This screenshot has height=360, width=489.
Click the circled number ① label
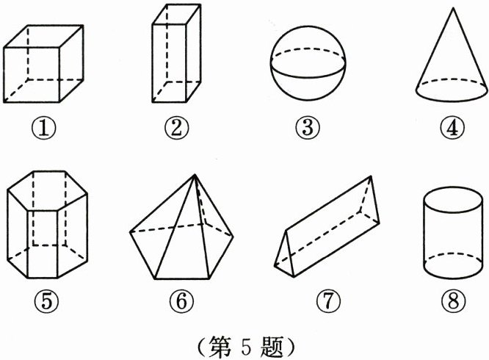pyautogui.click(x=43, y=129)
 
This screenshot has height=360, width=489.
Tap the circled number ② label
pyautogui.click(x=177, y=128)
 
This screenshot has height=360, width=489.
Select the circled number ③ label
pyautogui.click(x=308, y=128)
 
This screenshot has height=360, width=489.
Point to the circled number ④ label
pyautogui.click(x=452, y=129)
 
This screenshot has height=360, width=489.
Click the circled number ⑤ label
pyautogui.click(x=47, y=301)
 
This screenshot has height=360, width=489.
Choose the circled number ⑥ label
pyautogui.click(x=182, y=301)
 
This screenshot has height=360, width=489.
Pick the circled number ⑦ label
pyautogui.click(x=329, y=301)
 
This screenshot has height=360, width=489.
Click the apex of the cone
pyautogui.click(x=453, y=8)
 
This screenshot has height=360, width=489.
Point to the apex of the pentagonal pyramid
pyautogui.click(x=195, y=175)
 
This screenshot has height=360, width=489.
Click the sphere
pyautogui.click(x=308, y=63)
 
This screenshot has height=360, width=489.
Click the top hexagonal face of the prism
pyautogui.click(x=48, y=190)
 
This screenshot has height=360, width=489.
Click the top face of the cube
pyautogui.click(x=43, y=36)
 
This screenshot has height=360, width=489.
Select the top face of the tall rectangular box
pyautogui.click(x=176, y=15)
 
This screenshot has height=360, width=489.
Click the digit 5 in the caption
pyautogui.click(x=246, y=347)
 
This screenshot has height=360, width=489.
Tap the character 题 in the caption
pyautogui.click(x=272, y=346)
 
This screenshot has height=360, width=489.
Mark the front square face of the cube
pyautogui.click(x=32, y=75)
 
